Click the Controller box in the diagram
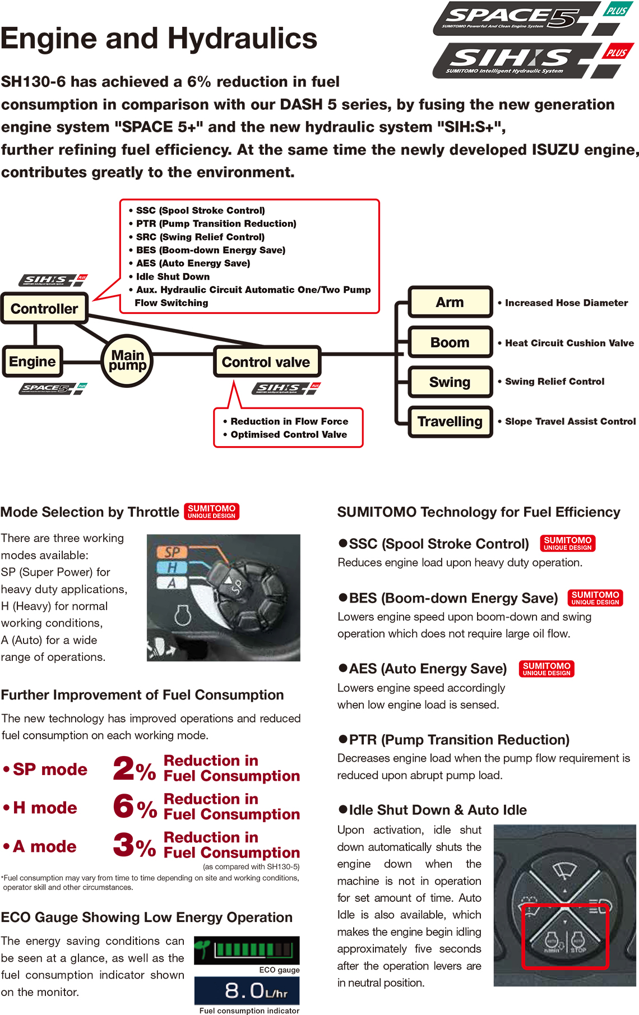[x=44, y=308]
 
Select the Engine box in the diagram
[x=33, y=361]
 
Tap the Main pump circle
[x=128, y=360]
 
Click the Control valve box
[x=266, y=362]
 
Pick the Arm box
[x=450, y=302]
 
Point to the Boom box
[x=450, y=342]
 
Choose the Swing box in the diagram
[x=450, y=382]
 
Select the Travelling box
[x=450, y=421]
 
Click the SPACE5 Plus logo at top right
[x=532, y=18]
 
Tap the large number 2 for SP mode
[x=123, y=768]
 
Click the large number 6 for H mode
[x=123, y=807]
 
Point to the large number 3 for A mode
[x=123, y=845]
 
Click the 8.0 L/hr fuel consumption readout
[x=247, y=991]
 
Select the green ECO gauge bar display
[x=247, y=950]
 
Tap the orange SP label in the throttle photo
[x=172, y=552]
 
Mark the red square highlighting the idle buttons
[x=565, y=936]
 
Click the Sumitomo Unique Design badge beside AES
[x=547, y=669]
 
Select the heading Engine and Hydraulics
[x=159, y=38]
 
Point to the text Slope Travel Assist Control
[x=570, y=421]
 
